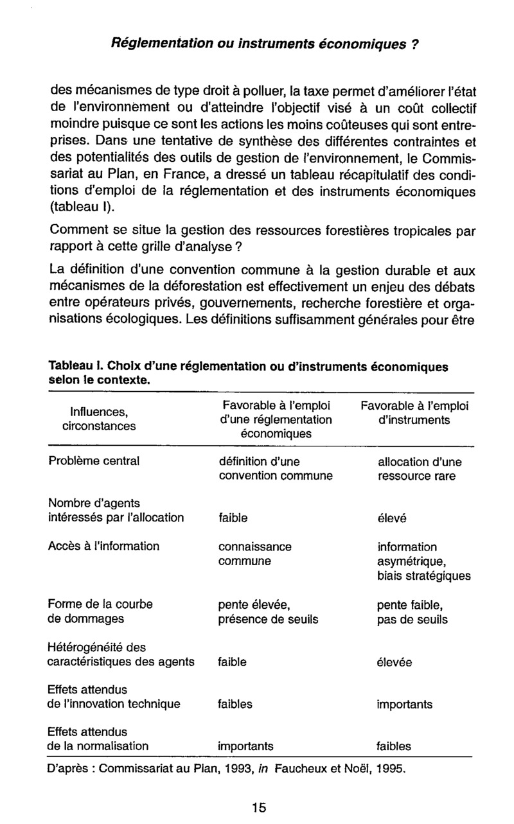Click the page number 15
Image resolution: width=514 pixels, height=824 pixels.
coord(259,807)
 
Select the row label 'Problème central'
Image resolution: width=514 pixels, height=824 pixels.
coord(94,461)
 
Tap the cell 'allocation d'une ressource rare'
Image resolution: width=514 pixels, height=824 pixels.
coord(420,469)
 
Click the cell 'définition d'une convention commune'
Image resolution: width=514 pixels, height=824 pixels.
coord(276,469)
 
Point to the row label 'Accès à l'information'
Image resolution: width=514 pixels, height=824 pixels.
coord(103,547)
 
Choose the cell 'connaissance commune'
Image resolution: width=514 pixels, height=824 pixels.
coord(255,554)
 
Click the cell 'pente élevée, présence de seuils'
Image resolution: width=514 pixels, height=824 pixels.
coord(268,612)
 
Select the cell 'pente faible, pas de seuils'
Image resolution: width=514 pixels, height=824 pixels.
coord(412,612)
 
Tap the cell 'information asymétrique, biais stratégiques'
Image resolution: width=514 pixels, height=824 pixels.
coord(423,561)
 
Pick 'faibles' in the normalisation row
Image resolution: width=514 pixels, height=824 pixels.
coord(394,746)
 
